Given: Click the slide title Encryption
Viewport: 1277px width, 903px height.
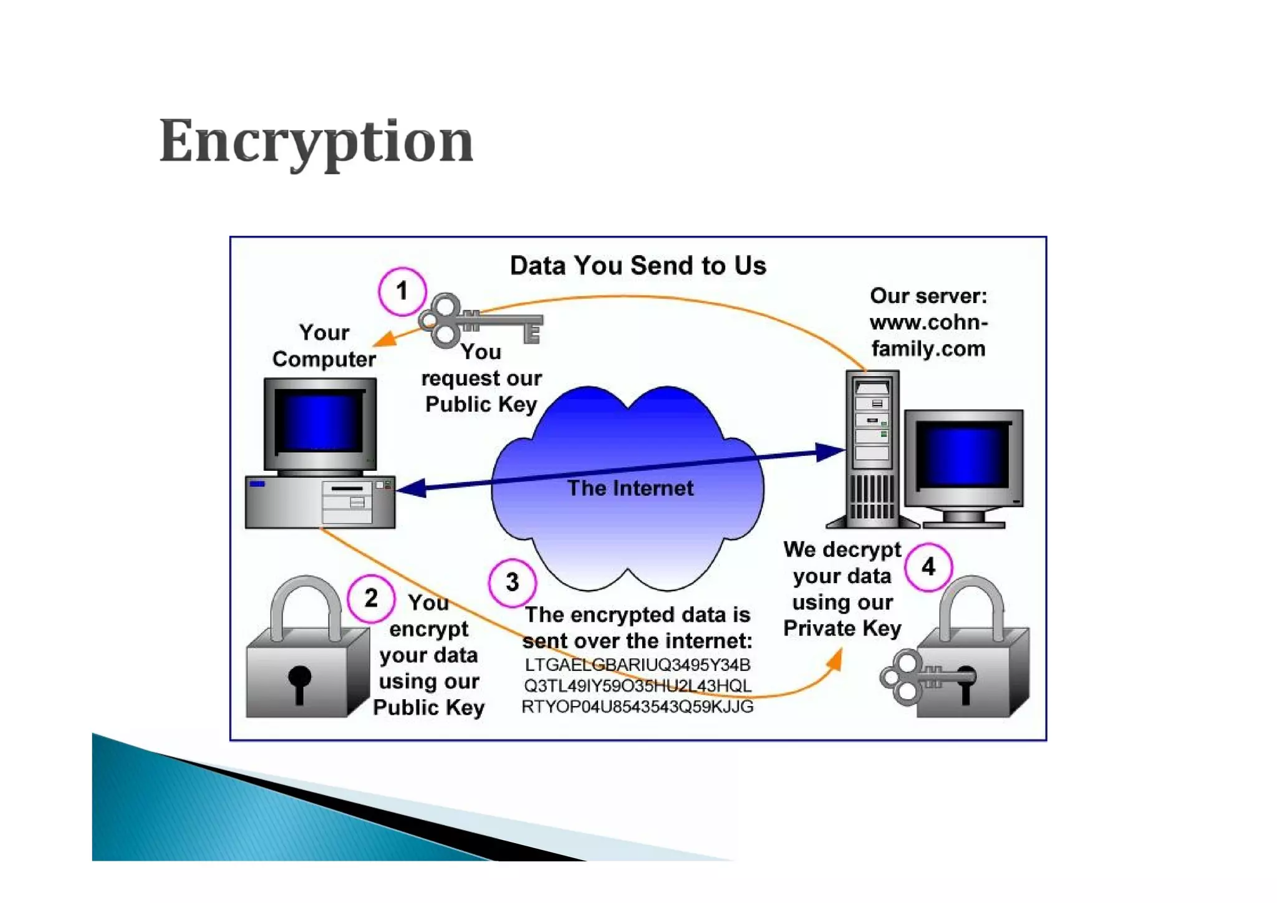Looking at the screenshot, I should [x=316, y=142].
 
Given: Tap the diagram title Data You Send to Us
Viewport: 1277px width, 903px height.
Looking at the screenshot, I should [x=637, y=266].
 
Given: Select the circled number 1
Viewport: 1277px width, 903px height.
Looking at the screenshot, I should [x=402, y=291].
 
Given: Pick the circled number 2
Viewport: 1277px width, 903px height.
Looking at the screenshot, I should [x=371, y=599].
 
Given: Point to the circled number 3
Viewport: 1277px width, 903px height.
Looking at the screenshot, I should [x=512, y=582].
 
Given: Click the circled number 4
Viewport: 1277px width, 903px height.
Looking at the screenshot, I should [x=928, y=567].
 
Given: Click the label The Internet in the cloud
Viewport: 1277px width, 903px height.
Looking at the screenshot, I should [x=630, y=488].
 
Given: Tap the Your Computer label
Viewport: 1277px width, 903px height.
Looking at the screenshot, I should [x=324, y=346].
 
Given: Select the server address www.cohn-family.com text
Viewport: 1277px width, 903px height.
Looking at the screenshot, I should [x=928, y=336].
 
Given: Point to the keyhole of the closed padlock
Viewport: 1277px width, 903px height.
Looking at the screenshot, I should [x=300, y=681].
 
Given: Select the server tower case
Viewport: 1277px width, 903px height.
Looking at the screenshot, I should [x=872, y=449].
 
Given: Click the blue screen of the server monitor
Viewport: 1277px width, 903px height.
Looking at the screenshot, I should [x=963, y=454].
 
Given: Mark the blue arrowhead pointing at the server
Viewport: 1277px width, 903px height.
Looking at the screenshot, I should [x=829, y=452].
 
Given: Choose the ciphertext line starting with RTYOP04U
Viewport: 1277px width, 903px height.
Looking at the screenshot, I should [x=637, y=707].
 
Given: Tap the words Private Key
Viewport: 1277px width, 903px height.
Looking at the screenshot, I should [x=842, y=629].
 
